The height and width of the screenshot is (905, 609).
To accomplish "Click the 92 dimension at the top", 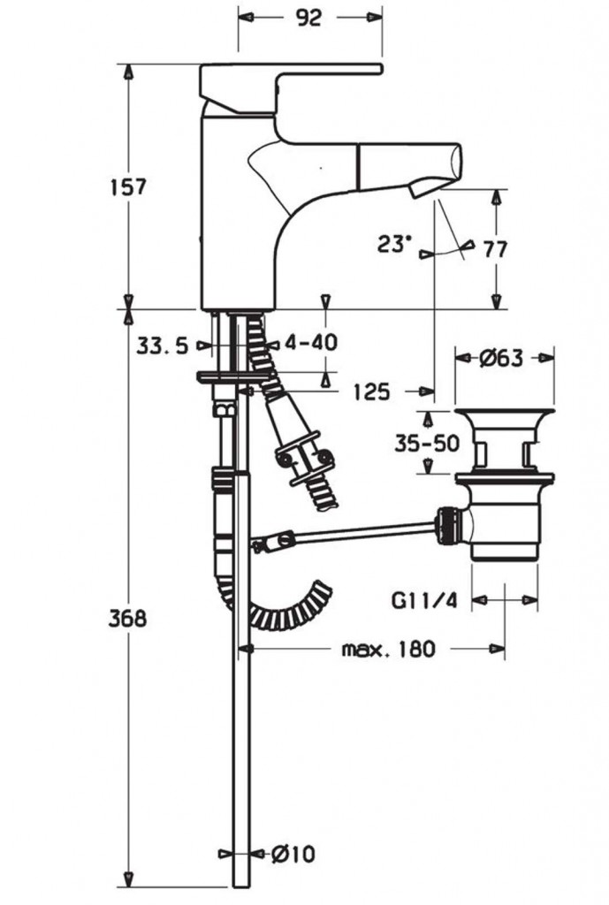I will pyautogui.click(x=308, y=18).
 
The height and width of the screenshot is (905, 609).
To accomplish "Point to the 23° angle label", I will pyautogui.click(x=395, y=244).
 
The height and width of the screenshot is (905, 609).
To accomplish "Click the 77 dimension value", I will pyautogui.click(x=496, y=250).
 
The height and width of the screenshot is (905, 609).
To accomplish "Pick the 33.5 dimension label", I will pyautogui.click(x=163, y=346).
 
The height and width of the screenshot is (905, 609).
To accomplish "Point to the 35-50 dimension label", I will pyautogui.click(x=427, y=444).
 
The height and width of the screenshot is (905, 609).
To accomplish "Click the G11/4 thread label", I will pyautogui.click(x=423, y=601).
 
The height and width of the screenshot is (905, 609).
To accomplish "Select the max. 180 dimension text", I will pyautogui.click(x=389, y=650).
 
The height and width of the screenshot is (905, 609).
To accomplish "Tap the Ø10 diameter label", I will pyautogui.click(x=293, y=854).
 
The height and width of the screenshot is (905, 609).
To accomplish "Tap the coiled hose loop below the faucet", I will pyautogui.click(x=283, y=610).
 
